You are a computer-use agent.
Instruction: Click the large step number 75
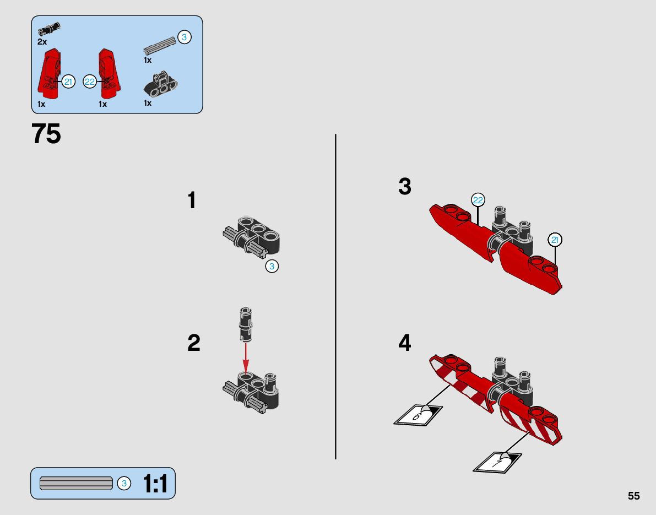pos(46,134)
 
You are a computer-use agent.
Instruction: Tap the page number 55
pos(633,496)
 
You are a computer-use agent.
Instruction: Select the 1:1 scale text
pos(155,484)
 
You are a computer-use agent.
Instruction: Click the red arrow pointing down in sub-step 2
pos(246,357)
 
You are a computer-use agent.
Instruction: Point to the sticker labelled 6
pos(418,415)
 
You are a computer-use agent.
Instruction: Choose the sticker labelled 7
pos(497,462)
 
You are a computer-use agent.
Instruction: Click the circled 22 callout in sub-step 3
pos(478,200)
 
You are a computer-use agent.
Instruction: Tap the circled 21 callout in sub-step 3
pos(555,240)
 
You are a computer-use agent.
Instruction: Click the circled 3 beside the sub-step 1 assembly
pos(272,266)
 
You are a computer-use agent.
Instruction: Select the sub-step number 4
pos(405,343)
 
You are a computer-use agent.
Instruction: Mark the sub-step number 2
pos(194,343)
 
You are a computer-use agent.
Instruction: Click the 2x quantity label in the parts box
pos(42,42)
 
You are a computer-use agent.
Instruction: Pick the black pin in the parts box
pos(49,29)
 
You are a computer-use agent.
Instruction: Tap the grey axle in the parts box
pos(160,46)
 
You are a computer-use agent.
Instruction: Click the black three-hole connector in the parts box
pos(161,84)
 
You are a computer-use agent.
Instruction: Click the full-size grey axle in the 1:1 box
pos(76,483)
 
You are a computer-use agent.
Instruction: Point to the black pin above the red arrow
pos(246,324)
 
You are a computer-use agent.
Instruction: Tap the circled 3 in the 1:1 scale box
pos(124,484)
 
